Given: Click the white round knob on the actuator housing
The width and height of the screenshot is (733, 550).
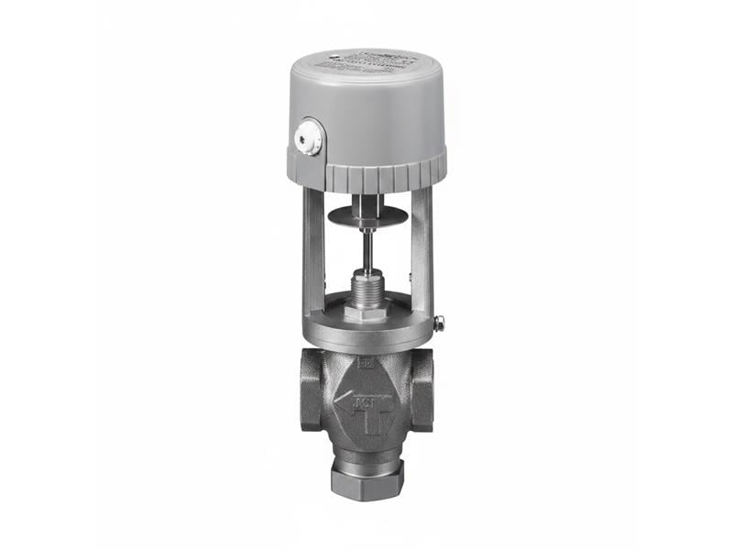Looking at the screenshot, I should click(x=308, y=138).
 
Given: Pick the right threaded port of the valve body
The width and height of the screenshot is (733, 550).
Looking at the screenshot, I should click(x=422, y=389).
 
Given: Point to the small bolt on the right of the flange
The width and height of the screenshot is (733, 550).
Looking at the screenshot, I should click(x=439, y=323).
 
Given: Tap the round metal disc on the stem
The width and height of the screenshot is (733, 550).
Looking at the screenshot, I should click(x=366, y=216).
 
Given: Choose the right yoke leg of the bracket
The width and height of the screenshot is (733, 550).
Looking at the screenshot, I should click(x=421, y=247).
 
